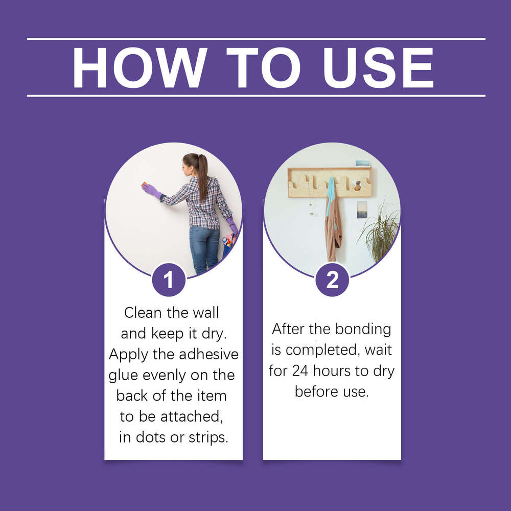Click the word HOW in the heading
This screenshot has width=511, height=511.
(x=138, y=68)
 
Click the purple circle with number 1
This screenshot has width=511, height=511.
(x=169, y=280)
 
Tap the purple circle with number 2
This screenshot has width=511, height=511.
(x=332, y=280)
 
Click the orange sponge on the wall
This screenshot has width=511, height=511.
(x=145, y=185)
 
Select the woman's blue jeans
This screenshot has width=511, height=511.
(x=204, y=248)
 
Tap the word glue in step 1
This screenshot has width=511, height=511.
(x=123, y=376)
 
